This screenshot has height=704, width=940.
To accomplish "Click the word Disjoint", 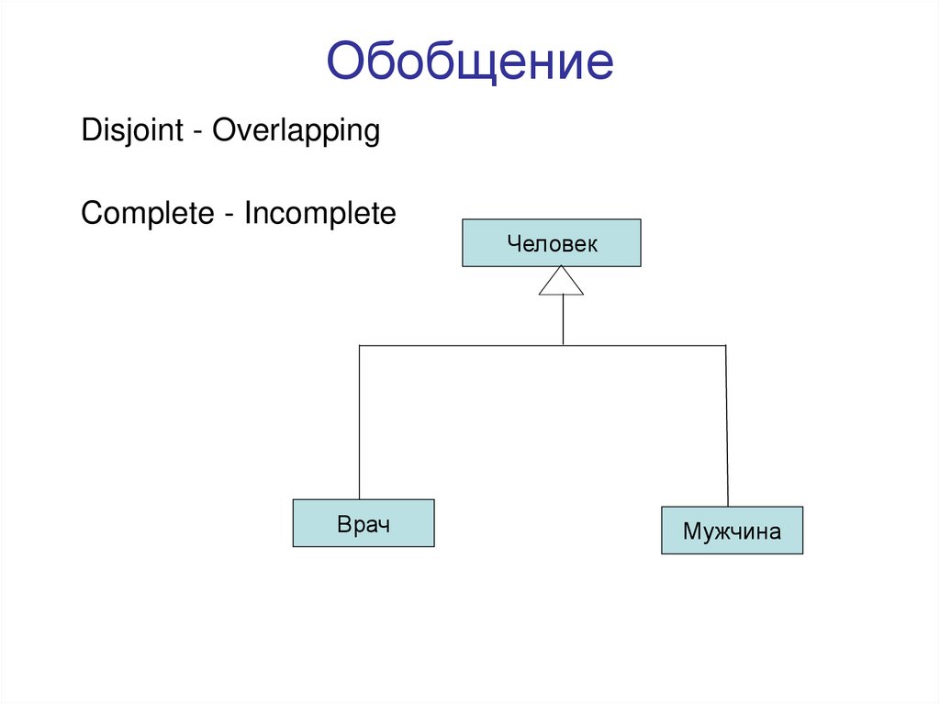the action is coord(132,130).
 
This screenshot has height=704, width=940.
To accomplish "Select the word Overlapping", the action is coord(296,130).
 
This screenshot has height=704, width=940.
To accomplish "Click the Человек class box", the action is coord(551,243).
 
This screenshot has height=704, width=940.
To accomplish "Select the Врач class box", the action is coord(364,523).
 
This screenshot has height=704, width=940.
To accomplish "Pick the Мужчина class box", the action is coord(732,530).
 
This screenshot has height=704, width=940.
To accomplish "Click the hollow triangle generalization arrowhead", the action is coord(561,281).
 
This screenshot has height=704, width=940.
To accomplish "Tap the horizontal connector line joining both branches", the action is coord(459,345).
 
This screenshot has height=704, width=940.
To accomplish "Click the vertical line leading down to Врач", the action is coord(359,422).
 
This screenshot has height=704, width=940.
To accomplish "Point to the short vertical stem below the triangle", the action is coord(562,320).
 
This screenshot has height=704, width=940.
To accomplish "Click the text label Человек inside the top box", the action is coord(551,243).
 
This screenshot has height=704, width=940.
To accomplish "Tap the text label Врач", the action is coord(364,525).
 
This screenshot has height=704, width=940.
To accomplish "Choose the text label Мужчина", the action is coord(732,531).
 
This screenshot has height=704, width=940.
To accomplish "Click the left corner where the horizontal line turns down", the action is coord(359,346).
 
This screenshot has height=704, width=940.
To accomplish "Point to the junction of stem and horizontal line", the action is coord(562,345).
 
